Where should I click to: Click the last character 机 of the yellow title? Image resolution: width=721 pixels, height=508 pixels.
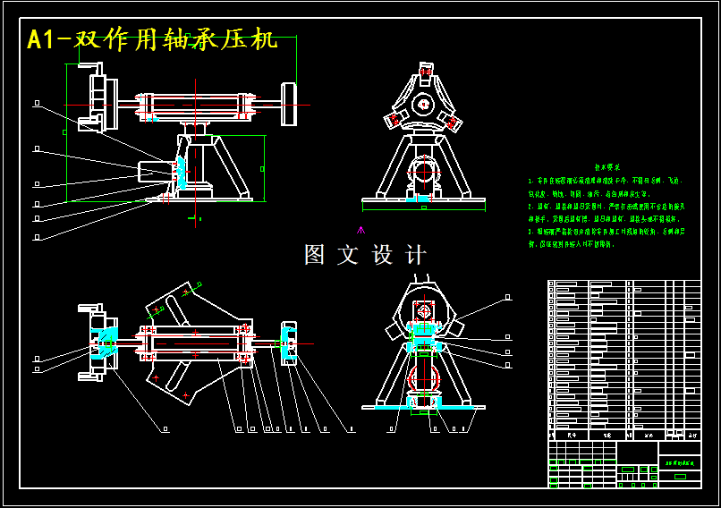pos(265,40)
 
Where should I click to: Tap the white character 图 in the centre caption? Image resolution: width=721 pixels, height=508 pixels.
pos(315,255)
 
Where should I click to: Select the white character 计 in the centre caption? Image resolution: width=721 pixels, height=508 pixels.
pos(416,255)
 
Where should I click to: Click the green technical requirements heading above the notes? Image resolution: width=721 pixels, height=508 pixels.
pos(607,167)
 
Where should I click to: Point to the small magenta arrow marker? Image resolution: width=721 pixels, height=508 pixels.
pos(361,230)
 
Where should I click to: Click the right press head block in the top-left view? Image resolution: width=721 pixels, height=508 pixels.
pos(289,103)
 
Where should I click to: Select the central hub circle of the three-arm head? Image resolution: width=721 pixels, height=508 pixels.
pos(422,105)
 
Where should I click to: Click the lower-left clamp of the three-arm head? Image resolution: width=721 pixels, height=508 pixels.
pos(394,119)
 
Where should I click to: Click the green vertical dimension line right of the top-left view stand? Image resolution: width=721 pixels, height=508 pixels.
pos(266,168)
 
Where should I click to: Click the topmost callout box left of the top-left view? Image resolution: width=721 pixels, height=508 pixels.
pos(37,104)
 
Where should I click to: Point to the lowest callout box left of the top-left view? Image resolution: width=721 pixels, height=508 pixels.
pos(37,237)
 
